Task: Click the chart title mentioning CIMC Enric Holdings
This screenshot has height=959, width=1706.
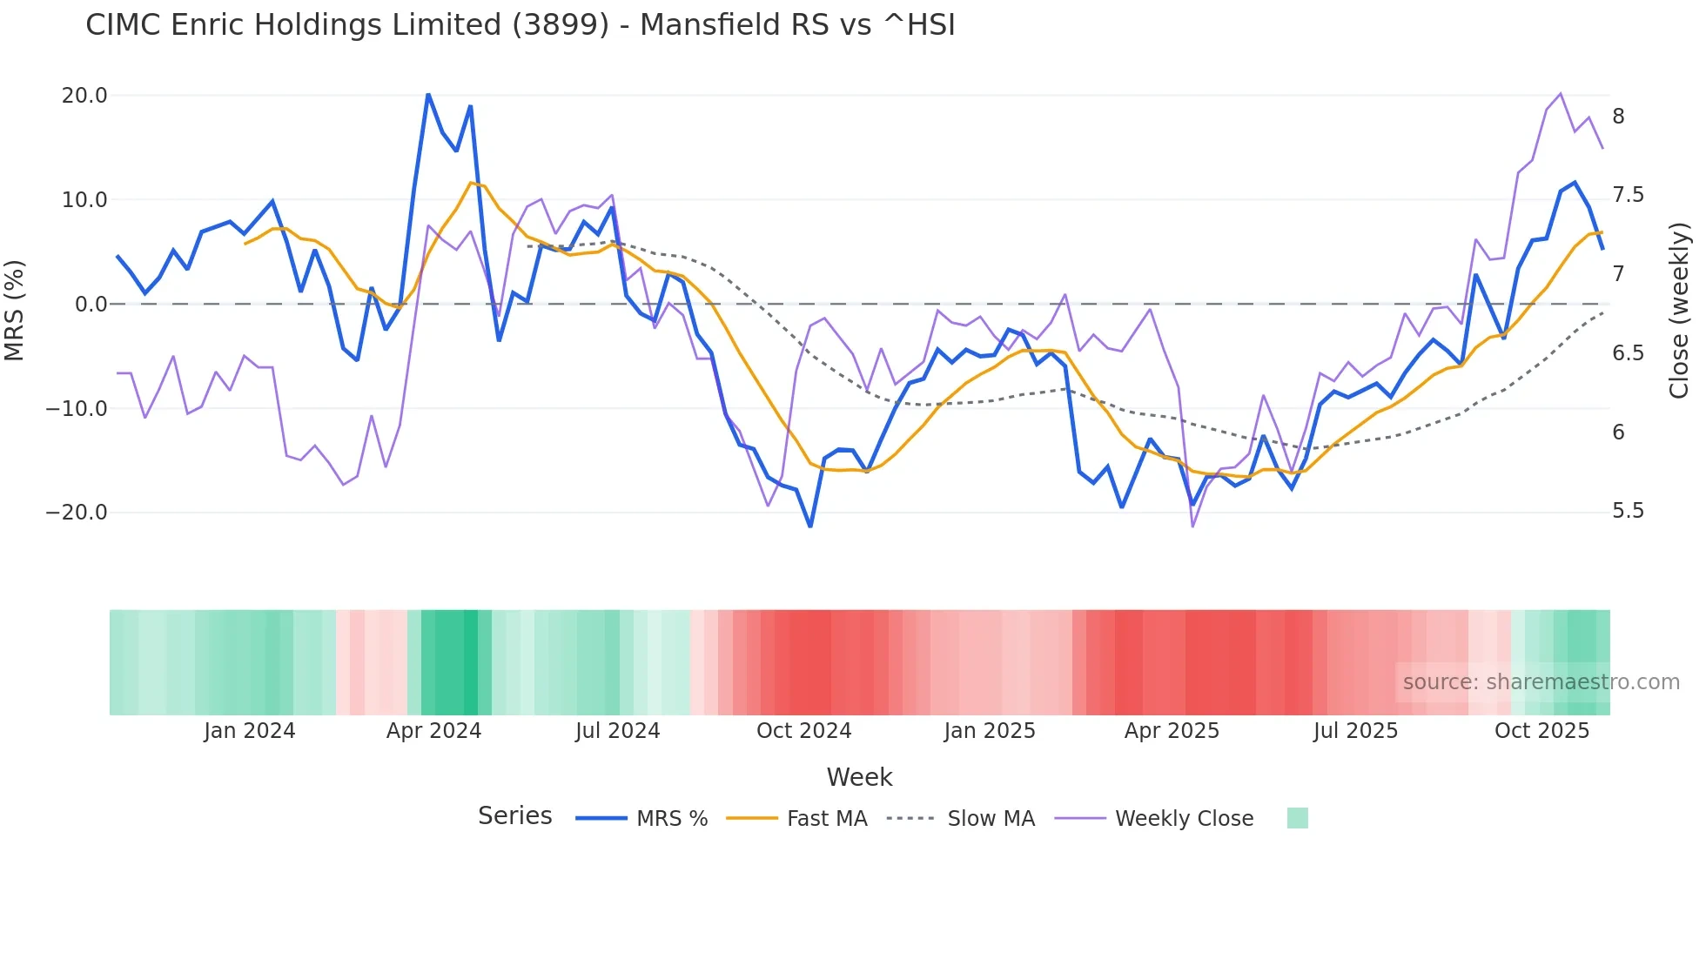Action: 520,25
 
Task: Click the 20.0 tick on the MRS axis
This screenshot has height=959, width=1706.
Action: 84,96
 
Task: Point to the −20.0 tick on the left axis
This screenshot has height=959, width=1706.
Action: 77,513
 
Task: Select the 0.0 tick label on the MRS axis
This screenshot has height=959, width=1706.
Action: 91,305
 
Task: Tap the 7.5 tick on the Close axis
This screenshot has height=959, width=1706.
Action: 1628,195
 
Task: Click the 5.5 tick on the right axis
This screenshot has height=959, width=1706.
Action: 1628,511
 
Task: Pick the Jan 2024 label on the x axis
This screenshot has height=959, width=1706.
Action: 250,731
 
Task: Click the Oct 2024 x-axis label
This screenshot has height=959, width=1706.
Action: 803,731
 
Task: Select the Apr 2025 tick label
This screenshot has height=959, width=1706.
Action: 1172,731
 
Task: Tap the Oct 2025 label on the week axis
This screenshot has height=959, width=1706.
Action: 1541,731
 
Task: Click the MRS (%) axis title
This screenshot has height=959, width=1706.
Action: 15,310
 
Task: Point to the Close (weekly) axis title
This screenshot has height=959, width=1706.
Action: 1679,311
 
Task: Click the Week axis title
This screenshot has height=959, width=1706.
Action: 859,777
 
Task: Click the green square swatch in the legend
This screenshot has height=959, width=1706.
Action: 1297,818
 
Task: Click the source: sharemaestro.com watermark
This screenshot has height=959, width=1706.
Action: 1541,682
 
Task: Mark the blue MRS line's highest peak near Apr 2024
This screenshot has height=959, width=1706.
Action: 428,94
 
